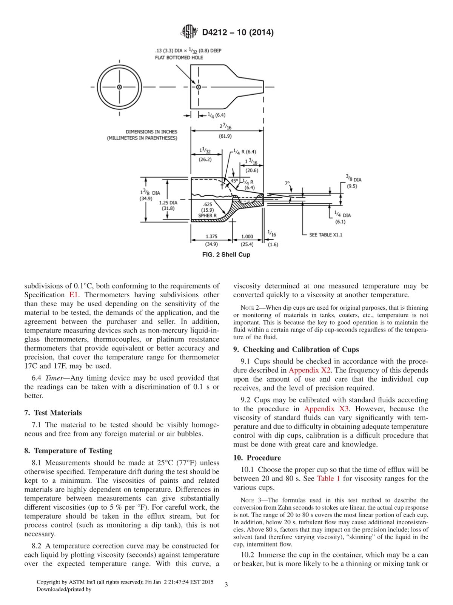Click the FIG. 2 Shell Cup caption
pos(226,255)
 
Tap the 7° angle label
pos(287,183)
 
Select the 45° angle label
pos(234,181)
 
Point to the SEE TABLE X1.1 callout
pos(325,235)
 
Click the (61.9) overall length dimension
pos(225,136)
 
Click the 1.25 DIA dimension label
pos(168,205)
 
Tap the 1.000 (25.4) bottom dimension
pos(247,240)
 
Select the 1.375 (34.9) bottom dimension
pos(211,240)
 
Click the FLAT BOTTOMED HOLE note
pos(179,57)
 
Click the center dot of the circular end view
pos(119,87)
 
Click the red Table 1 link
pos(328,479)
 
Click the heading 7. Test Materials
pos(53,413)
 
